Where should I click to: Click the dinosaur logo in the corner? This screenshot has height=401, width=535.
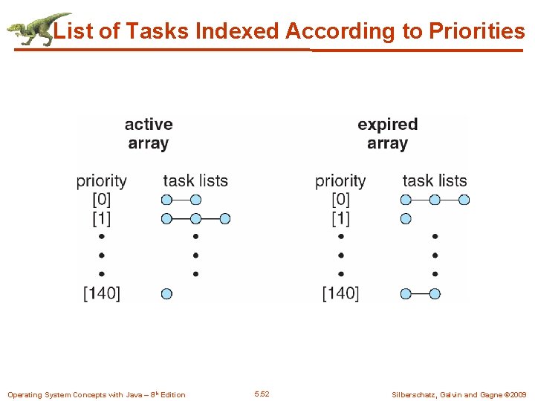click(37, 29)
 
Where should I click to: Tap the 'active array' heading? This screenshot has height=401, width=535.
click(149, 134)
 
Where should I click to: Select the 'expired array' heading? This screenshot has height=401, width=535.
click(387, 134)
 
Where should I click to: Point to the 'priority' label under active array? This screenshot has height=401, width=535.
click(101, 180)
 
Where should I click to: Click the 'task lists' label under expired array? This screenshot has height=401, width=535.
click(435, 180)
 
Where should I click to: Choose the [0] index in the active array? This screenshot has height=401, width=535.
click(101, 199)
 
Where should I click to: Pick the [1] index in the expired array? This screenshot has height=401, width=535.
click(340, 218)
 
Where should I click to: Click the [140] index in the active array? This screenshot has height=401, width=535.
click(101, 293)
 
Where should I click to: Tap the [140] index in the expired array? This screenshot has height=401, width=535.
click(340, 293)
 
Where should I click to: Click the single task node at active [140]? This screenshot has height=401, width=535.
click(166, 293)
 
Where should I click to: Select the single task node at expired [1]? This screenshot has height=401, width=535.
click(406, 218)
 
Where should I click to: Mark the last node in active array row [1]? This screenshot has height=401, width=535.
click(225, 218)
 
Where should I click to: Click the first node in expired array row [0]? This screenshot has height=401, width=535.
click(406, 199)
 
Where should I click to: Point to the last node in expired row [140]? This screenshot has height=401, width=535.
click(435, 293)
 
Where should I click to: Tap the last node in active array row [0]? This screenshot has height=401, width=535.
click(195, 199)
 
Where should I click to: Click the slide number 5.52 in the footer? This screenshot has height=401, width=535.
click(262, 394)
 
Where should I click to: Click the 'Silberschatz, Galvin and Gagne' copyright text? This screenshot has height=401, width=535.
click(458, 394)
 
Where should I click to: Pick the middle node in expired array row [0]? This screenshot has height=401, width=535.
click(435, 199)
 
